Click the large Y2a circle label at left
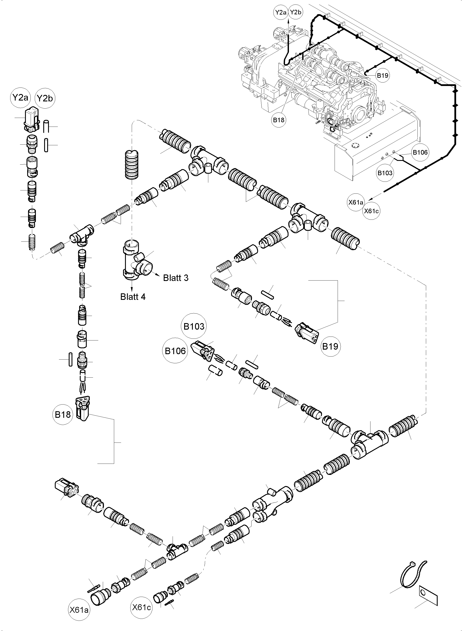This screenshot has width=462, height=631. tap(20, 98)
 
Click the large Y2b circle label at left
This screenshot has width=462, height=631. tap(45, 98)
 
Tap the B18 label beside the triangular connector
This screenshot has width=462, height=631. tap(63, 415)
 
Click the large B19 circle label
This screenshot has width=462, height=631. tap(330, 346)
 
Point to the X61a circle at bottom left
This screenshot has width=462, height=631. tap(79, 610)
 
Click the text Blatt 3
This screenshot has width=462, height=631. tap(176, 278)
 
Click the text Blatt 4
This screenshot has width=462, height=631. tap(133, 297)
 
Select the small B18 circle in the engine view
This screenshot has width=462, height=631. tap(279, 120)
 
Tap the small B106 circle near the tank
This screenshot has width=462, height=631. tap(420, 152)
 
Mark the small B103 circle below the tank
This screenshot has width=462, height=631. tap(385, 173)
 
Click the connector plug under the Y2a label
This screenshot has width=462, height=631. tap(31, 119)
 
